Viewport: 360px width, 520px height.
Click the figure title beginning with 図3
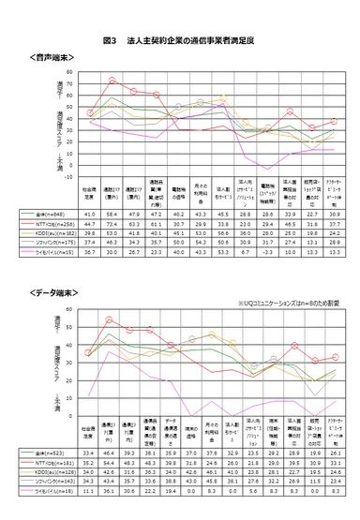(x=181, y=42)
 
